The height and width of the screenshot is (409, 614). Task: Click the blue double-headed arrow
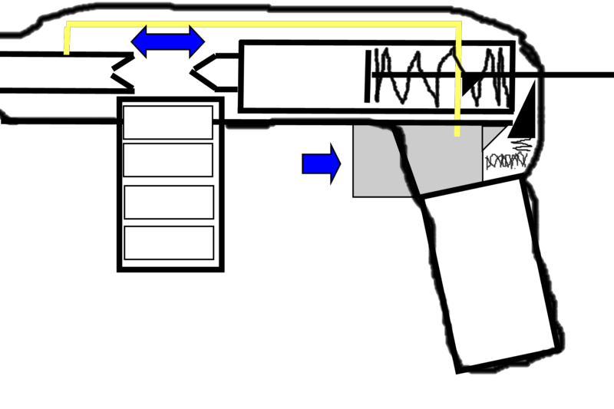click(x=168, y=41)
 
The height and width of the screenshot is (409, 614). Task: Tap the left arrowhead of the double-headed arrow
click(x=139, y=41)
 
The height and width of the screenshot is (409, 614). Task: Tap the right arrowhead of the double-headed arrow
click(x=196, y=41)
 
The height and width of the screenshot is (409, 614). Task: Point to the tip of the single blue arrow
click(x=338, y=163)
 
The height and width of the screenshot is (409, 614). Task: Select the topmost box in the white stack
click(x=168, y=123)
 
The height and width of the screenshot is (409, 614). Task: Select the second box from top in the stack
click(x=168, y=160)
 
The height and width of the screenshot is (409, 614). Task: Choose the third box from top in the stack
click(x=169, y=202)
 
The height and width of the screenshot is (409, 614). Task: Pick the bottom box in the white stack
click(x=169, y=242)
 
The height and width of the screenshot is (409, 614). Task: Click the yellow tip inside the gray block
click(x=457, y=131)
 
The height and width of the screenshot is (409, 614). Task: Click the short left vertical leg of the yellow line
click(x=67, y=40)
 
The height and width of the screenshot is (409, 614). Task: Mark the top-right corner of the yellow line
click(x=458, y=25)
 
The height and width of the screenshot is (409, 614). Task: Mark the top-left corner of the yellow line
click(x=68, y=25)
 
